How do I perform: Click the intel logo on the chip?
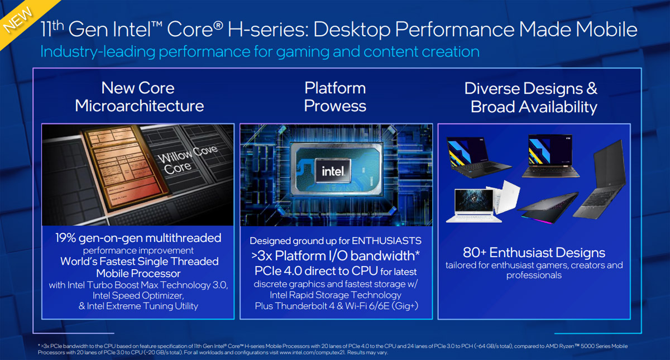333,171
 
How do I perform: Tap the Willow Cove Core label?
187,160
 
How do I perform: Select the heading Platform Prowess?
335,97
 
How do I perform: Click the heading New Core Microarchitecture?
140,97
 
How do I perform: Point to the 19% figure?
65,238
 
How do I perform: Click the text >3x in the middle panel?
261,256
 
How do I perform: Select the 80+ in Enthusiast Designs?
475,253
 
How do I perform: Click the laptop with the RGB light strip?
548,208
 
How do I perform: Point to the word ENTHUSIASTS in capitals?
386,241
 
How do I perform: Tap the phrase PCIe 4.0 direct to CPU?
316,271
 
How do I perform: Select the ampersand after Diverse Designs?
591,89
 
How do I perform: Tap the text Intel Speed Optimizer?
138,295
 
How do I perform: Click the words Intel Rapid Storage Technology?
336,295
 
